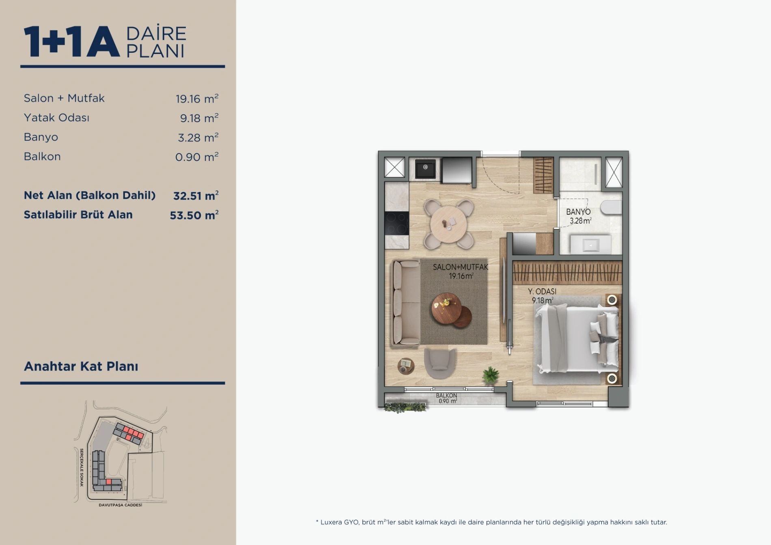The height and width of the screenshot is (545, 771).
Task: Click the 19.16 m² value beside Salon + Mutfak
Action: [x=197, y=99]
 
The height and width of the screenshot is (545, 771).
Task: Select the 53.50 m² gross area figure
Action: [x=194, y=215]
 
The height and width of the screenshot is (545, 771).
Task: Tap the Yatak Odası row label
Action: [x=56, y=118]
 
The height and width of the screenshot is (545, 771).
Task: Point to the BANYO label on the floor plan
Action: [x=578, y=212]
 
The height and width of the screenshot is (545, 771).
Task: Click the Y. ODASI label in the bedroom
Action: [x=542, y=291]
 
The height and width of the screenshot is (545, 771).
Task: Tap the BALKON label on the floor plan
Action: [x=446, y=395]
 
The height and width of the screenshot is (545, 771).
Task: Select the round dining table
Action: [x=448, y=224]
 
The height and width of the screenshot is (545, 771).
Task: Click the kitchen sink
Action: [x=425, y=168]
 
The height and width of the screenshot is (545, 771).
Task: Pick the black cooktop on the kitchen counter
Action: [x=396, y=223]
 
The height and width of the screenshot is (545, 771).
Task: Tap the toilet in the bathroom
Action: [x=612, y=207]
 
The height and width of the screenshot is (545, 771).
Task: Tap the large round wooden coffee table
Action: [x=446, y=308]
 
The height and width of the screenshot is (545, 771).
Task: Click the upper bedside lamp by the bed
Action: [x=612, y=300]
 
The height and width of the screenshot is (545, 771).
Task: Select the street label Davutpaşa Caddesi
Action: [x=121, y=505]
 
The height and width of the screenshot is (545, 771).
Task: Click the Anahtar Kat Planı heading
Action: [x=81, y=366]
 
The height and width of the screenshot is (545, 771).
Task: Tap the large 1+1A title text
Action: [x=72, y=42]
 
